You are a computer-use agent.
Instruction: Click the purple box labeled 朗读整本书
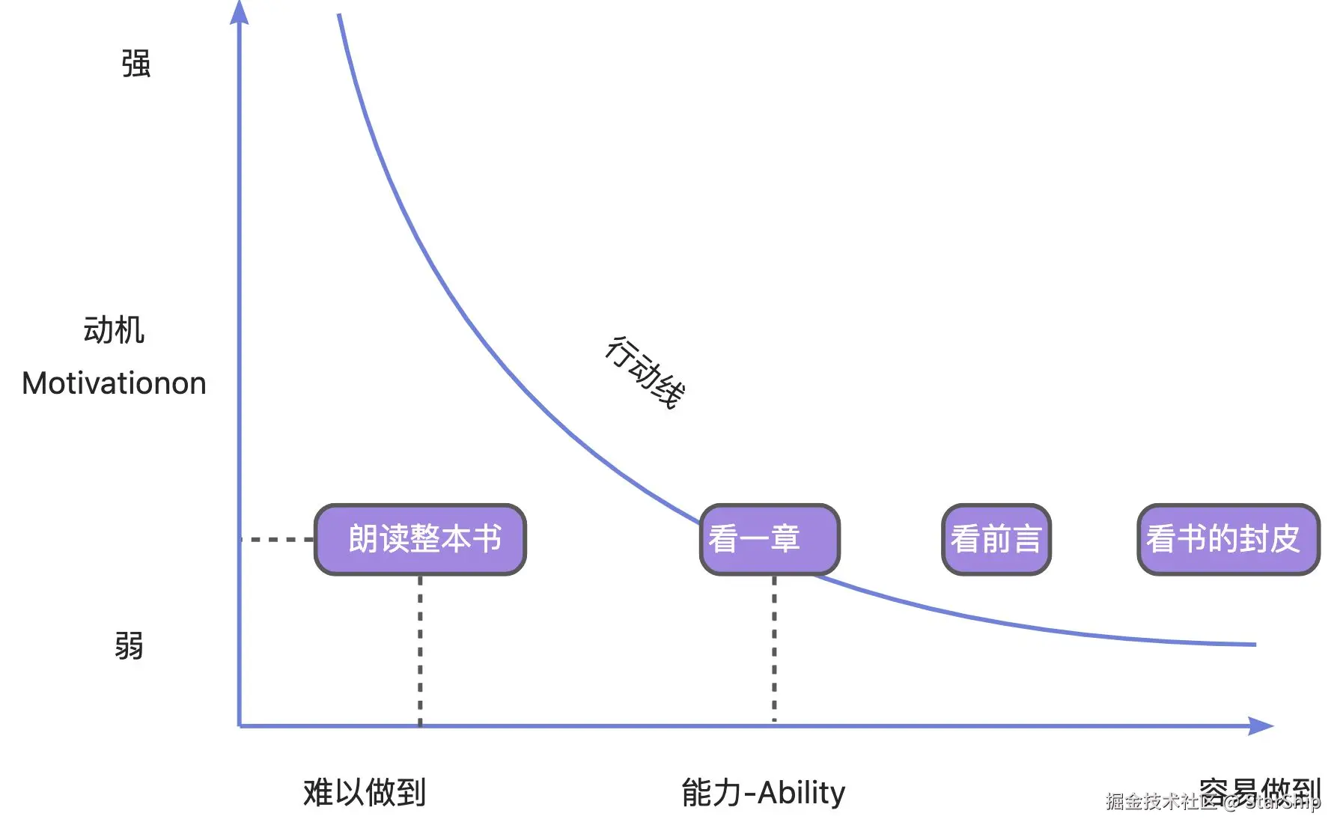click(420, 539)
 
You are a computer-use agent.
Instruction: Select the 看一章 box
click(770, 539)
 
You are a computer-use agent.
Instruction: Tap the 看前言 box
click(996, 539)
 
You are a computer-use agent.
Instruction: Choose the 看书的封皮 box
click(1228, 539)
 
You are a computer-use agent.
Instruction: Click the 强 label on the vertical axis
click(135, 64)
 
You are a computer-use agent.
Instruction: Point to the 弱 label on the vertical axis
click(129, 645)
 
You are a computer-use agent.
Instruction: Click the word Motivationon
click(114, 383)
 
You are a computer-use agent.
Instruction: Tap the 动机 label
click(114, 330)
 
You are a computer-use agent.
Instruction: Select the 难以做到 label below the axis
click(365, 792)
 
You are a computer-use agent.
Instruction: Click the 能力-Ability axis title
click(763, 792)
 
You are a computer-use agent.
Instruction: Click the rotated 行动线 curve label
click(645, 372)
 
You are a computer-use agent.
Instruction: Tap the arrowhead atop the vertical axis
click(239, 12)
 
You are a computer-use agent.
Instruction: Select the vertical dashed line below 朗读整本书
click(420, 650)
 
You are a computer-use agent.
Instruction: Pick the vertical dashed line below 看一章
click(774, 648)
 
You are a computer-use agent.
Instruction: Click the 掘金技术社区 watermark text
click(1160, 802)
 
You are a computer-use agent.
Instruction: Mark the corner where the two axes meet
click(240, 725)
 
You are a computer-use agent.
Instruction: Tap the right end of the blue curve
click(1254, 644)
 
